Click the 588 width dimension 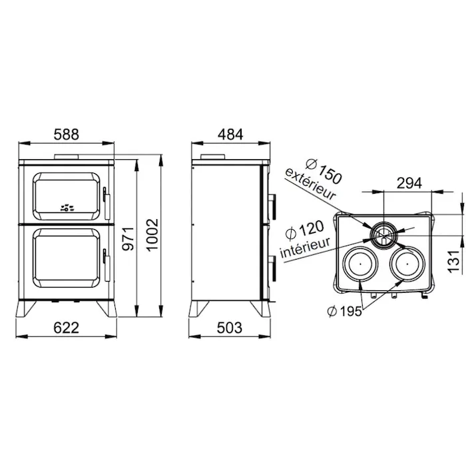67,134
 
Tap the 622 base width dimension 67,328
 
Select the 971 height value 128,238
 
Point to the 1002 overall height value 152,235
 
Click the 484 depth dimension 230,134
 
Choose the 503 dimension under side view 230,328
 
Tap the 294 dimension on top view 409,183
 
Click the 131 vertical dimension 454,261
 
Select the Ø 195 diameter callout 345,312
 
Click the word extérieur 310,184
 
